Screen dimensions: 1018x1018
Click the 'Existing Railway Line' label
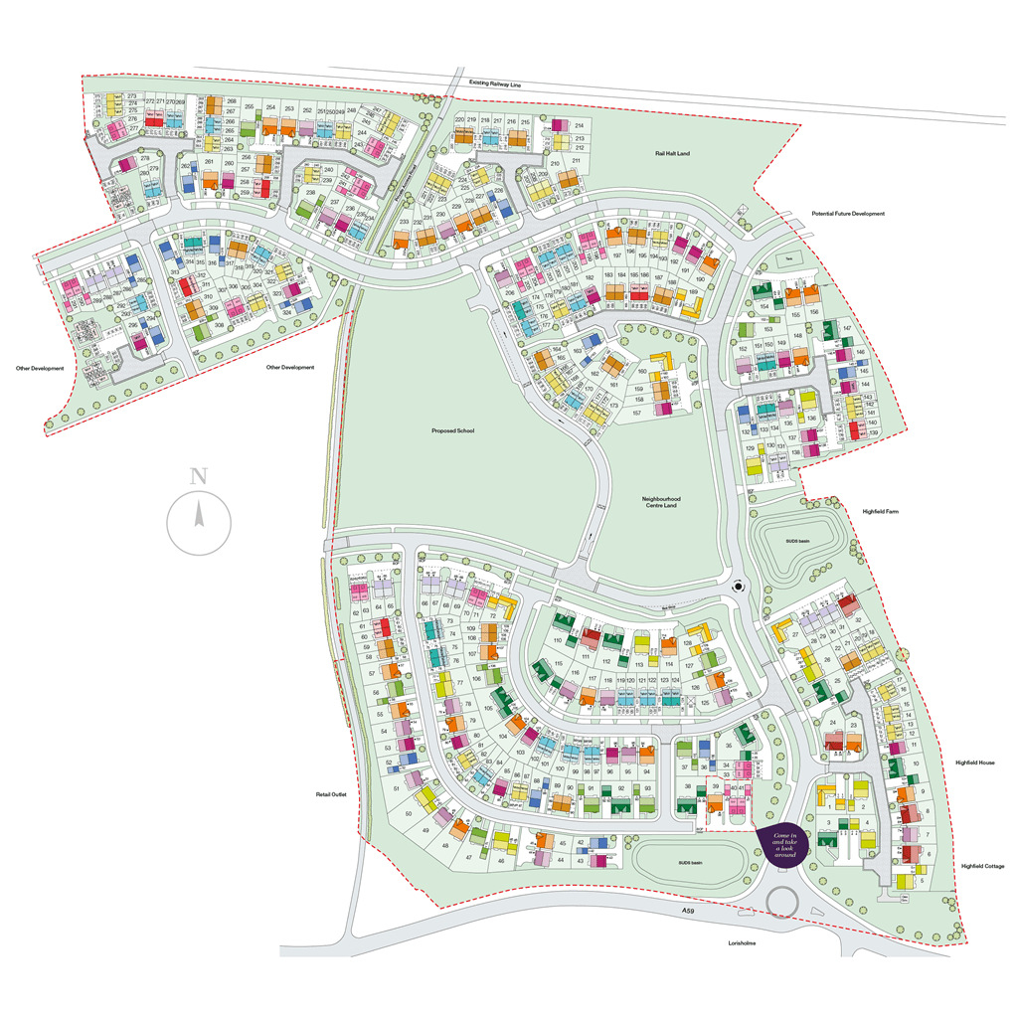[495, 86]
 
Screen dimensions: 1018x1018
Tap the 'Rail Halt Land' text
[672, 153]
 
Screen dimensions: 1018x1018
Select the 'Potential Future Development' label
[847, 214]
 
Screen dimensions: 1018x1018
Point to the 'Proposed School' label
[453, 431]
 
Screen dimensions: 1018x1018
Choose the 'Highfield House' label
[975, 763]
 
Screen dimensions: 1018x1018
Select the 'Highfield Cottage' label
[982, 866]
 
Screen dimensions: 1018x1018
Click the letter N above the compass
[198, 475]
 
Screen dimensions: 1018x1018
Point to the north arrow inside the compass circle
[199, 516]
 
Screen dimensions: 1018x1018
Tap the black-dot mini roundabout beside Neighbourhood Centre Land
[738, 587]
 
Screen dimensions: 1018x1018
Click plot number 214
[578, 125]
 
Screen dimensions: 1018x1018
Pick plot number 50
[410, 814]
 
